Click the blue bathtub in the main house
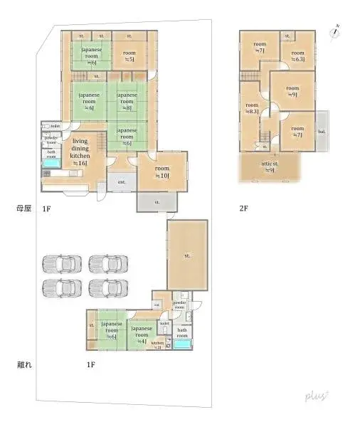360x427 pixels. (x=51, y=164)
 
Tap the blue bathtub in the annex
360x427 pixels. (x=183, y=344)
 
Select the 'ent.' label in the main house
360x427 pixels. (x=122, y=181)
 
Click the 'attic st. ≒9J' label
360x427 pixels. (x=270, y=167)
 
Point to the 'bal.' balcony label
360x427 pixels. (x=322, y=132)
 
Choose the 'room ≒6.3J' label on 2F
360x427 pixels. (x=297, y=56)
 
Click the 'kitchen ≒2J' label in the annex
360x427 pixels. (x=157, y=344)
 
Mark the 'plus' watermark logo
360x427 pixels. (x=316, y=395)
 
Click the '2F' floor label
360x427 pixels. (x=244, y=209)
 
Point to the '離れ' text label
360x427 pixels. (x=23, y=365)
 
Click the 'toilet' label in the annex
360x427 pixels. (x=164, y=322)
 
